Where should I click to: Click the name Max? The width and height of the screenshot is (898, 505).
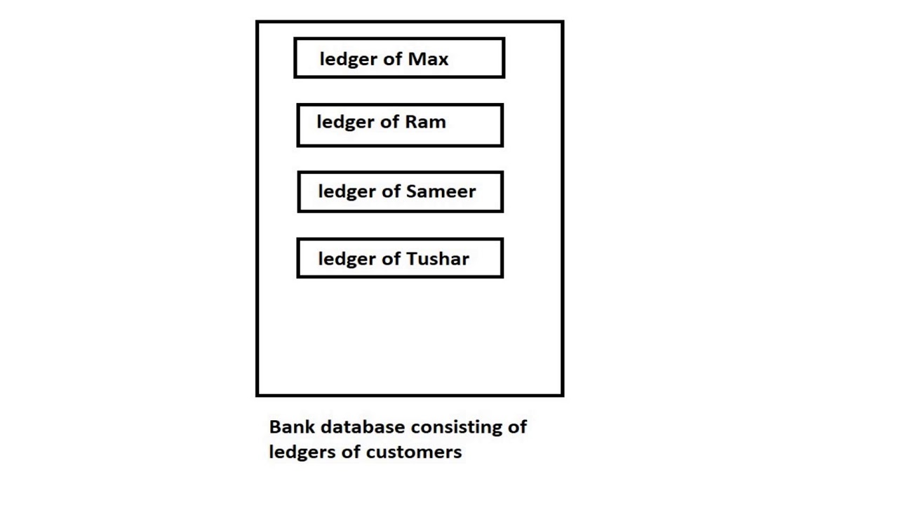pyautogui.click(x=428, y=59)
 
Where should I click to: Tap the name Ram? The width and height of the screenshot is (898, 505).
pyautogui.click(x=425, y=122)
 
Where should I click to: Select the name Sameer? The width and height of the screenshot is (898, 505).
pyautogui.click(x=441, y=191)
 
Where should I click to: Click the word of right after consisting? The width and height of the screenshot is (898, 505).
pyautogui.click(x=517, y=426)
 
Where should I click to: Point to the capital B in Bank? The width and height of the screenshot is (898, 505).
pyautogui.click(x=276, y=426)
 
